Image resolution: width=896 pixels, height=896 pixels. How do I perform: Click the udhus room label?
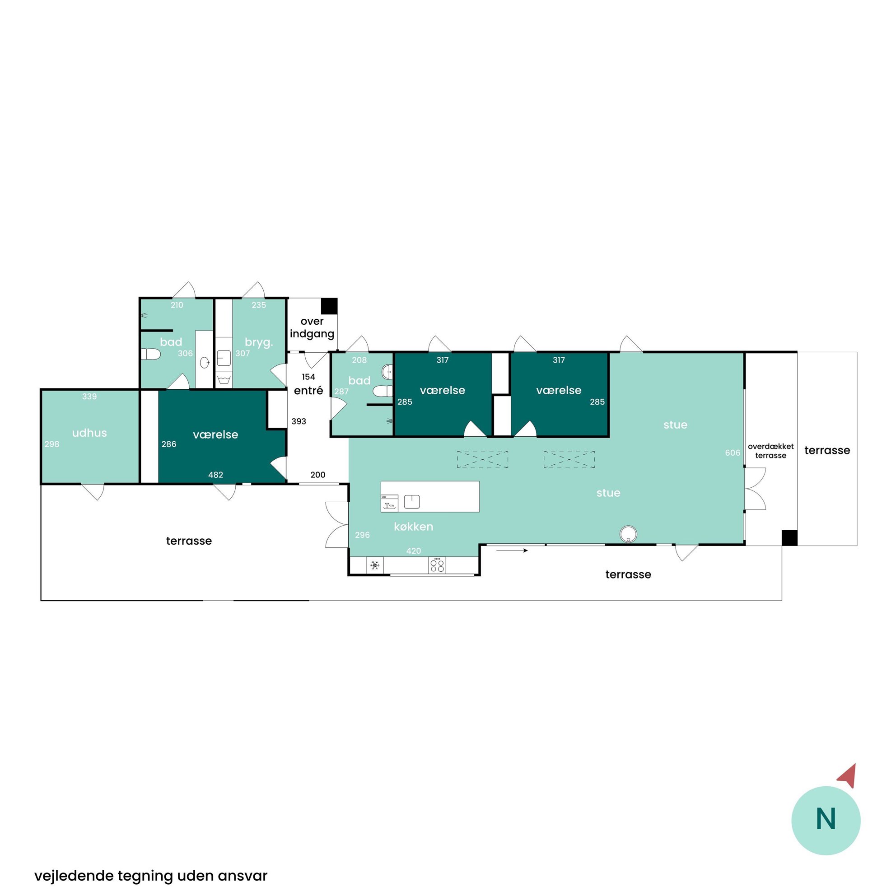[89, 433]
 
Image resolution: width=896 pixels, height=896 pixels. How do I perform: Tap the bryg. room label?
[259, 343]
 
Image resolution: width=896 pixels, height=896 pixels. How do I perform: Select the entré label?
[308, 391]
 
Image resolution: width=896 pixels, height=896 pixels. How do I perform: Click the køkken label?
[413, 527]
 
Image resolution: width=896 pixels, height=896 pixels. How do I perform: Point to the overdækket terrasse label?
[770, 451]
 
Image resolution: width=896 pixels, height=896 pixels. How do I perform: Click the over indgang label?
[312, 327]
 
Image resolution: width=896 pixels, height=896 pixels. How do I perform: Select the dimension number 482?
[216, 475]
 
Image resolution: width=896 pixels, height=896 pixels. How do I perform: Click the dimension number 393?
[299, 421]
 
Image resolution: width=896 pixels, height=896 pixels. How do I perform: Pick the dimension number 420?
[413, 551]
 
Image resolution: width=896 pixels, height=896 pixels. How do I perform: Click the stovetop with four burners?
[437, 565]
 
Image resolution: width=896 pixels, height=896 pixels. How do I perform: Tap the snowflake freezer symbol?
[375, 565]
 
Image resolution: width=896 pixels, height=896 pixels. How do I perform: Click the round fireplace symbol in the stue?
[628, 533]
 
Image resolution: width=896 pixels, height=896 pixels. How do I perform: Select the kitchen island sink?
[412, 501]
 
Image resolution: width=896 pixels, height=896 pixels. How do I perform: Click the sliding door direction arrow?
[512, 551]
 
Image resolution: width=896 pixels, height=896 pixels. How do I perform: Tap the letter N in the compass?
[826, 819]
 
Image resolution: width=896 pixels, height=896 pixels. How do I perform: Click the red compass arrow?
[848, 776]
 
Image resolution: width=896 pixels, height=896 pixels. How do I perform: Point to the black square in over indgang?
[329, 306]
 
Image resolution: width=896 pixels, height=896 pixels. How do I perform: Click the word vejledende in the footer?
[74, 876]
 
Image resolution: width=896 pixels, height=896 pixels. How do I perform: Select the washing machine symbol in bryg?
[224, 379]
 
